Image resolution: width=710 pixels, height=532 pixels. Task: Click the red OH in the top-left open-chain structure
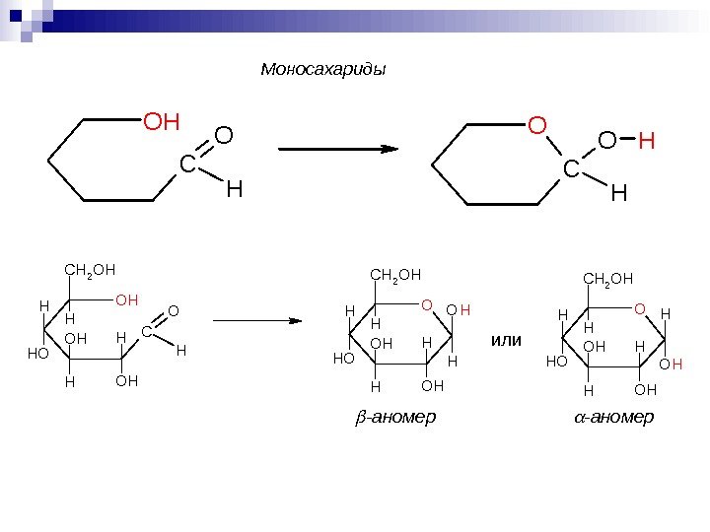click(x=163, y=122)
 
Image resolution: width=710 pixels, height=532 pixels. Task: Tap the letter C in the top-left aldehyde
click(x=187, y=167)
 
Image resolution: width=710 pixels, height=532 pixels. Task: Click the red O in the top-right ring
click(x=536, y=126)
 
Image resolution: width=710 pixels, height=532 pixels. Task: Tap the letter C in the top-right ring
click(x=571, y=169)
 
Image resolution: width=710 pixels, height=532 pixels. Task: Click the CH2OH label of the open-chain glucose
click(x=90, y=267)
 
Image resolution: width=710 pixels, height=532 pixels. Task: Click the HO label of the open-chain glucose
click(x=39, y=352)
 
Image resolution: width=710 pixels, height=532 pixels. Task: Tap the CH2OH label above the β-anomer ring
click(x=395, y=274)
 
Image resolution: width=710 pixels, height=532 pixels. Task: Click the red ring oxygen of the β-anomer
click(x=427, y=305)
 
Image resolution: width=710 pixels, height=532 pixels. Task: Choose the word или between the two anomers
click(x=504, y=340)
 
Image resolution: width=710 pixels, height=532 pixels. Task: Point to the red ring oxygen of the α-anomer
click(x=639, y=308)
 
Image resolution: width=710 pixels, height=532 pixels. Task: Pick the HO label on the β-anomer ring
click(x=343, y=360)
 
